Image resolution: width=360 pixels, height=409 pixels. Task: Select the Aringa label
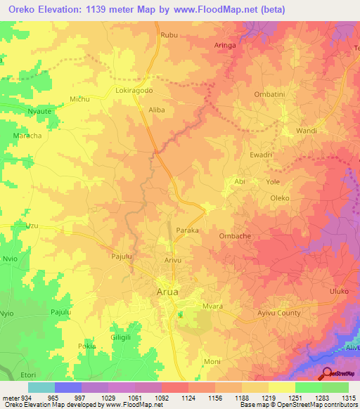coord(225,45)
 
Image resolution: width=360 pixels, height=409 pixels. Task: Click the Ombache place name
coord(236,236)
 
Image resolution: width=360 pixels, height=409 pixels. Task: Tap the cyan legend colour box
coord(41,387)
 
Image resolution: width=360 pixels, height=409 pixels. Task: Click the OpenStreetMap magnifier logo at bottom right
coord(328,375)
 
